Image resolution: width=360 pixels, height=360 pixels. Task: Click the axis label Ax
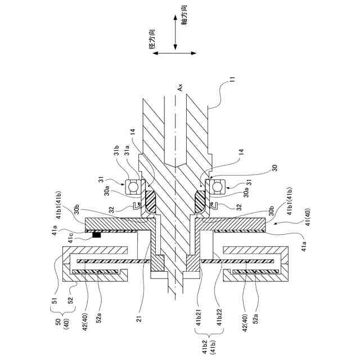[180, 87]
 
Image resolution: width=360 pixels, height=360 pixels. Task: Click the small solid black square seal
[97, 234]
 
